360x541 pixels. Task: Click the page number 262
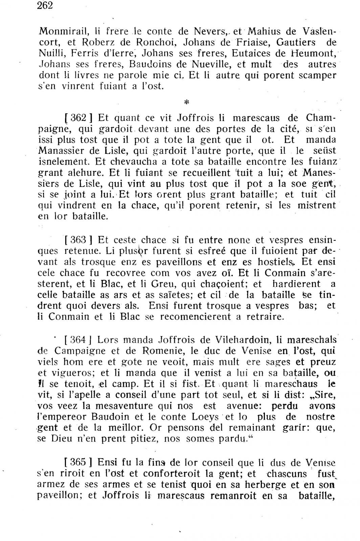click(46, 6)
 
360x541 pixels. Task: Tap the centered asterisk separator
click(186, 102)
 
